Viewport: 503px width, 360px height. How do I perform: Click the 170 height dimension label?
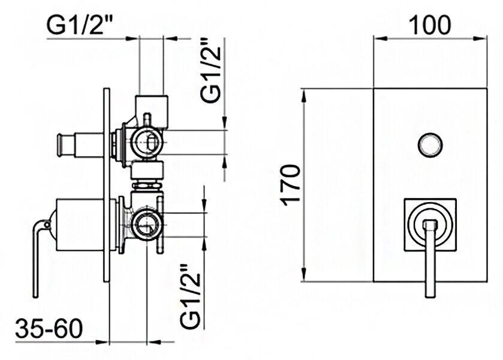pyautogui.click(x=290, y=186)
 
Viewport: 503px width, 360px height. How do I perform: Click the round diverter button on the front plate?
pyautogui.click(x=429, y=144)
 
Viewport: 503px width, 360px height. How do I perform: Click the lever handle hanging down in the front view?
pyautogui.click(x=429, y=264)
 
